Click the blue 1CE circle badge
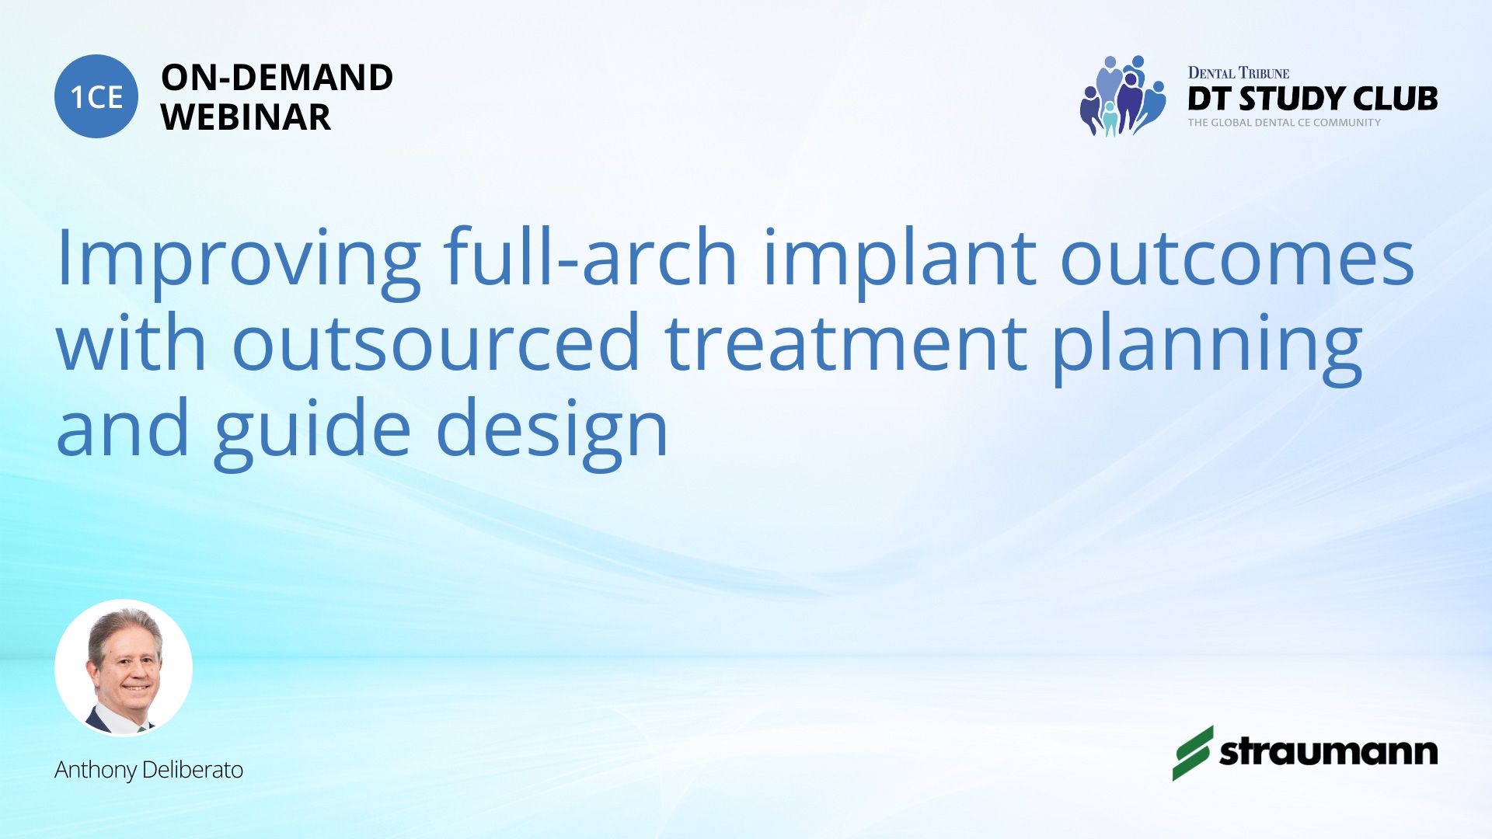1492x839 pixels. tap(96, 96)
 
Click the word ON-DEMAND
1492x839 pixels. tap(277, 78)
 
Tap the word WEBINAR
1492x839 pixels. tap(246, 117)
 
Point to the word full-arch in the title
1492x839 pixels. tap(591, 256)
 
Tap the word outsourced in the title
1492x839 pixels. tap(436, 341)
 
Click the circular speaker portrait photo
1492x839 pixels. tap(124, 667)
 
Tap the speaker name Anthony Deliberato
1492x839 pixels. tap(148, 770)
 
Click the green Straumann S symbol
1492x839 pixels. tap(1193, 753)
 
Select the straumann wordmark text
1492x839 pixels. tap(1328, 752)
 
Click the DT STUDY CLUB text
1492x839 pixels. tap(1312, 99)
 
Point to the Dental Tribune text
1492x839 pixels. tap(1239, 73)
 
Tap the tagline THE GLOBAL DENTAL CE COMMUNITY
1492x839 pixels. tap(1284, 123)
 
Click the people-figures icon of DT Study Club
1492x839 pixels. tap(1123, 96)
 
